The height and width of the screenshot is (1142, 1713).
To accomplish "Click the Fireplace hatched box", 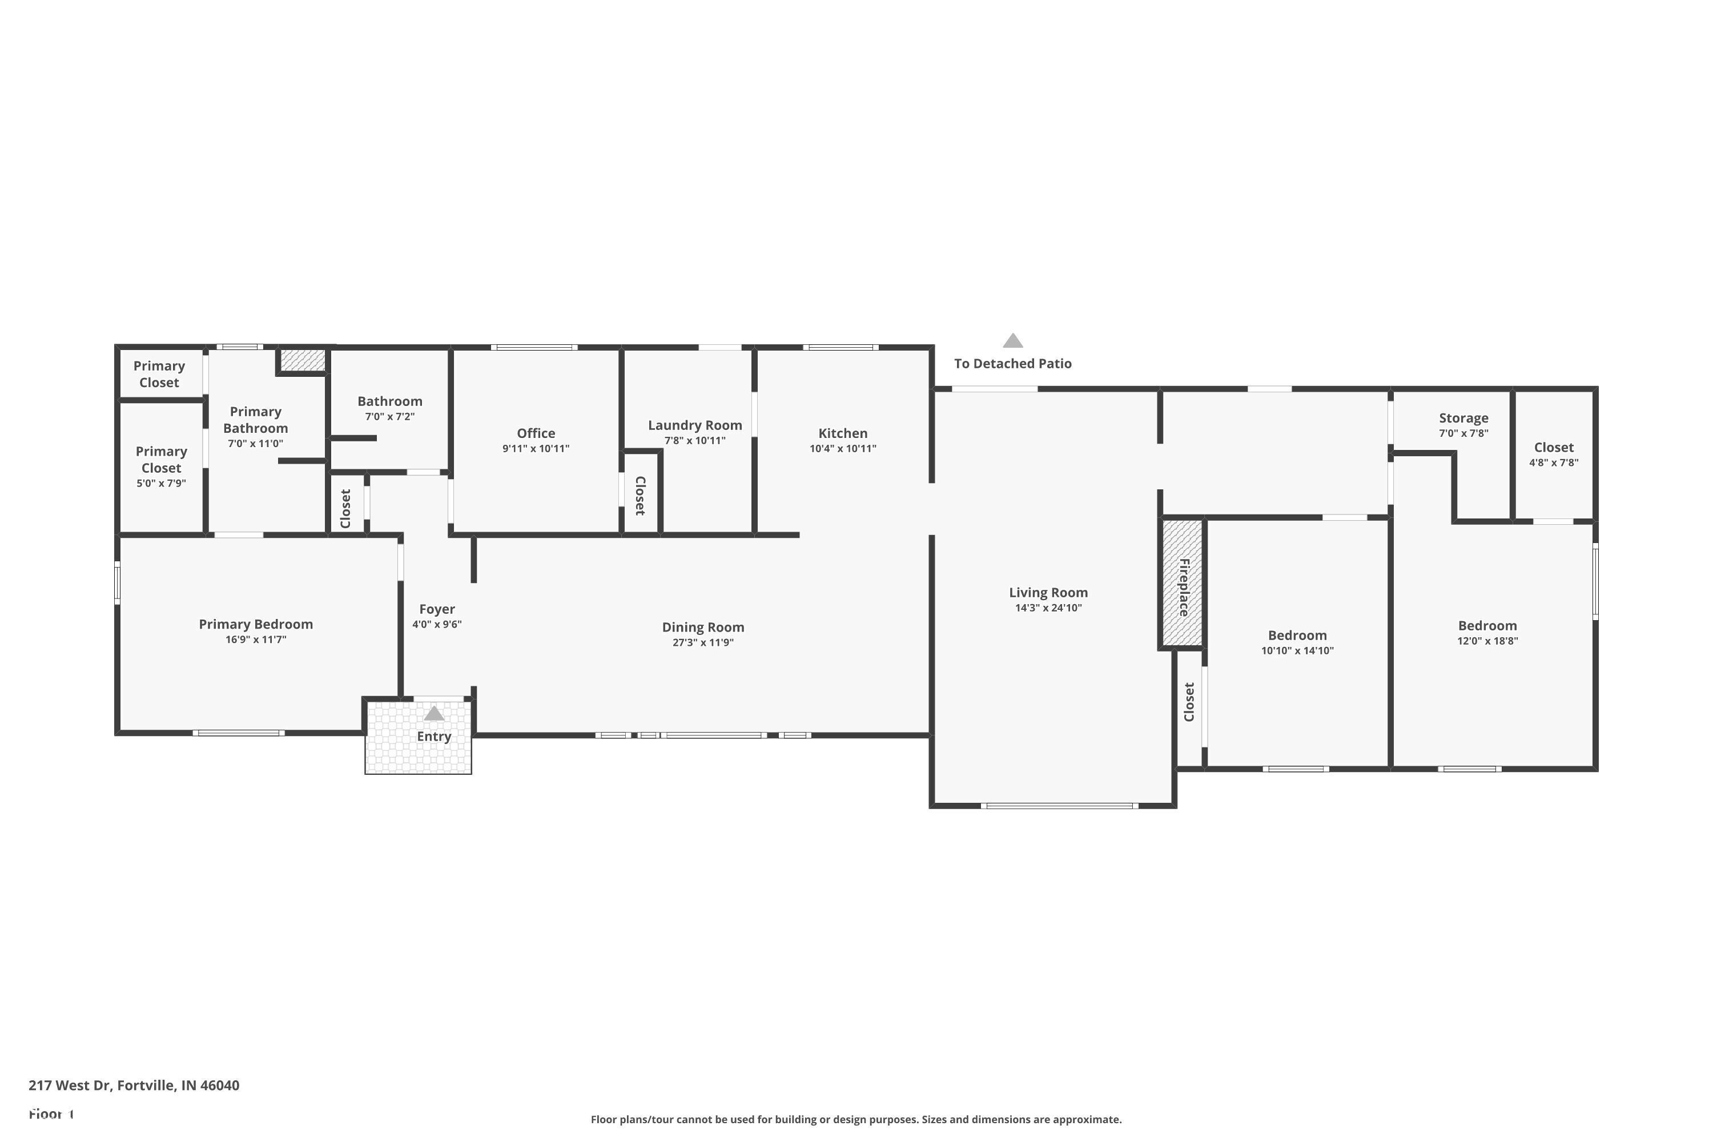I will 1181,582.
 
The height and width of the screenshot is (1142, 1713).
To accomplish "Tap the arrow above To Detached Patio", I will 1012,341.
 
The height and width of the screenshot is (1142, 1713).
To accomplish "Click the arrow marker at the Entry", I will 434,713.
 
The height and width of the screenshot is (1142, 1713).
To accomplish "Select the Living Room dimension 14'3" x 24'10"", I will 1048,608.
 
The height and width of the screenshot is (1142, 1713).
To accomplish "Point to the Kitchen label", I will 843,433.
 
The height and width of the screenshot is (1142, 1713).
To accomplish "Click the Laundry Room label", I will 695,425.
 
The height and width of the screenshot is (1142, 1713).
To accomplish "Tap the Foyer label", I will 437,609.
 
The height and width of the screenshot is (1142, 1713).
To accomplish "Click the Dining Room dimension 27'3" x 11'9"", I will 703,642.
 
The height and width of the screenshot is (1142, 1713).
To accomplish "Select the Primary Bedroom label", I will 256,624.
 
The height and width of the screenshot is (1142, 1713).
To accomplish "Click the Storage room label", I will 1463,418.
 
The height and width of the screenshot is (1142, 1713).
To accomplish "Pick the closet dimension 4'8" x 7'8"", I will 1554,463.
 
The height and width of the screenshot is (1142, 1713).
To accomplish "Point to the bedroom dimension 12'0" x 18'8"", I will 1487,641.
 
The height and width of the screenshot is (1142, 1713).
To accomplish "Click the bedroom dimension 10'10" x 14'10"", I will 1297,651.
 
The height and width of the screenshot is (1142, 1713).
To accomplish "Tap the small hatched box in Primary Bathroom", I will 302,360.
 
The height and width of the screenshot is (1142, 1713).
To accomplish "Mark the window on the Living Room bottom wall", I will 1059,806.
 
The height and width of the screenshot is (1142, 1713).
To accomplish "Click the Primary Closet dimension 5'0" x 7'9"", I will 161,484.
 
